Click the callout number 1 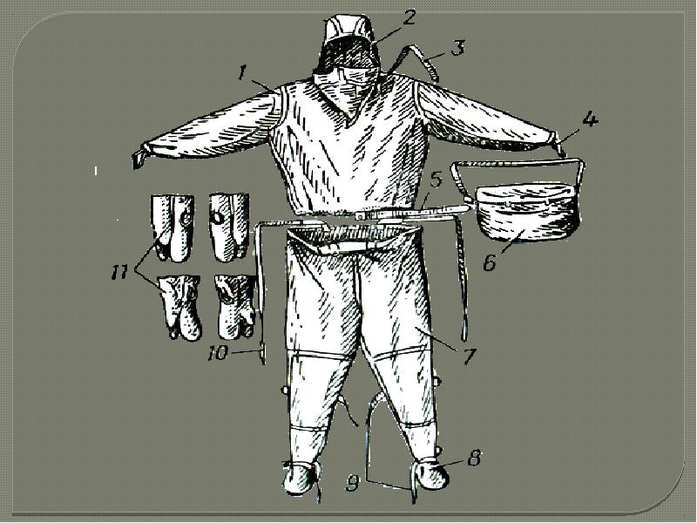pos(241,73)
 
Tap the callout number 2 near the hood pos(408,18)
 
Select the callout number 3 pos(458,47)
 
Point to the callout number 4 pos(590,120)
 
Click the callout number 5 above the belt pos(436,180)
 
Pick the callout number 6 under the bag pos(490,262)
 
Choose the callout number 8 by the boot pos(474,458)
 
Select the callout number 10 pos(219,354)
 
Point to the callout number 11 pos(119,272)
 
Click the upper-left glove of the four pos(173,228)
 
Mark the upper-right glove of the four pos(229,227)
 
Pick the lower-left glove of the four pos(179,308)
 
